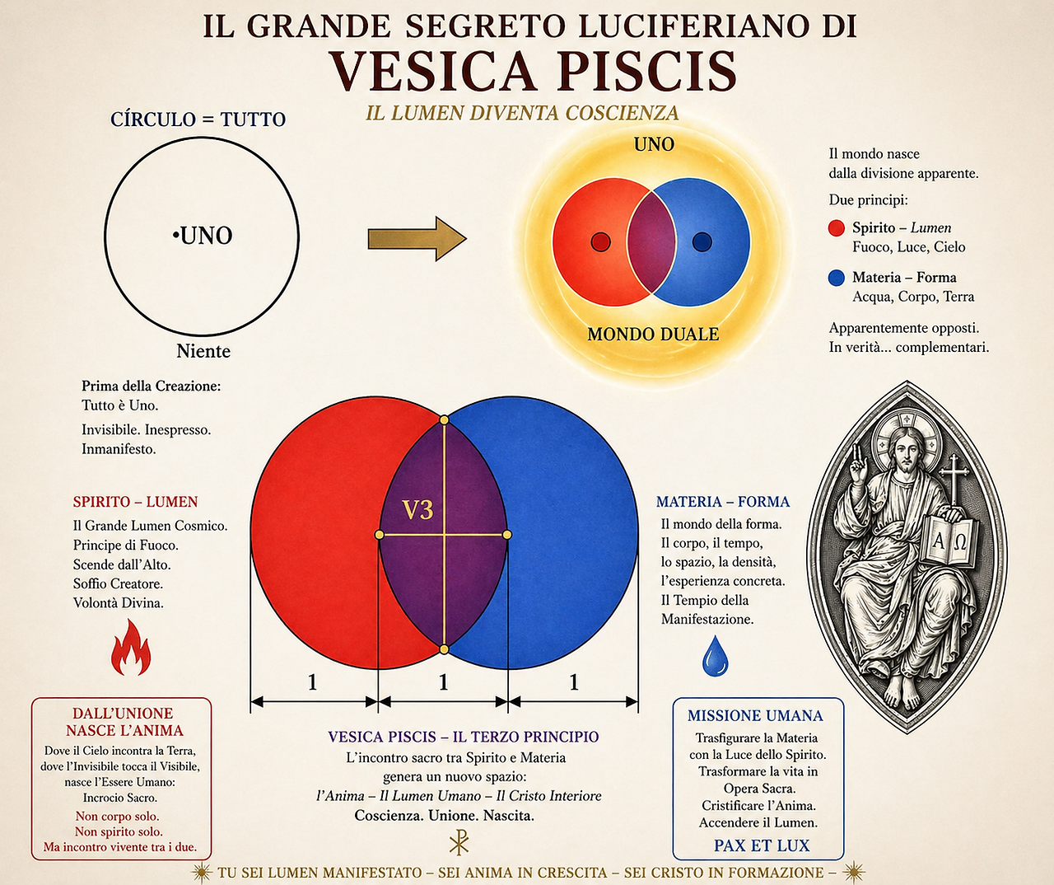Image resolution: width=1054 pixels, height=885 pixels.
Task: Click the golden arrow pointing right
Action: click(x=417, y=239)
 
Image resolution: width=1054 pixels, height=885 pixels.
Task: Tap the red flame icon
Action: click(x=131, y=649)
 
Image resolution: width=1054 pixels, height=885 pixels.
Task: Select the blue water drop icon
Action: click(x=716, y=656)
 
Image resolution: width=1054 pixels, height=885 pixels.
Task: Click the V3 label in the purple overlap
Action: click(x=418, y=510)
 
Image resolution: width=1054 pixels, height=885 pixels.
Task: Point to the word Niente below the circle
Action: click(x=203, y=351)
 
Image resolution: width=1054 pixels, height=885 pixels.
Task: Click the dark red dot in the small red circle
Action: click(x=601, y=242)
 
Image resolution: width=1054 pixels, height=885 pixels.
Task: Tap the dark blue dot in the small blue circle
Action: click(x=702, y=242)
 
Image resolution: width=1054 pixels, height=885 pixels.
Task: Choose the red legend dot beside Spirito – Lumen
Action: click(x=837, y=227)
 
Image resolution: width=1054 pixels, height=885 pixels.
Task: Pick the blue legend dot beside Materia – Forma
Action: click(x=837, y=278)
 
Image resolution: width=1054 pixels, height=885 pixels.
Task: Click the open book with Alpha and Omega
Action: click(x=949, y=541)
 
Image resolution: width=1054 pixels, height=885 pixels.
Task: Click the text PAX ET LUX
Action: click(x=762, y=845)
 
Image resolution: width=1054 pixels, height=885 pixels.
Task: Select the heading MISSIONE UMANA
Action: click(x=755, y=716)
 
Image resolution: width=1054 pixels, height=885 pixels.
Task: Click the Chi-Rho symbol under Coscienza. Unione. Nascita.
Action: click(x=459, y=843)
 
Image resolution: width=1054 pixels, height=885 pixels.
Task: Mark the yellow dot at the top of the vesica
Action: click(x=444, y=419)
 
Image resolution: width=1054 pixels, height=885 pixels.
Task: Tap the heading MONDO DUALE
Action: click(x=653, y=335)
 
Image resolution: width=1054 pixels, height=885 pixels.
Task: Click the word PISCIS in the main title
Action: click(x=648, y=71)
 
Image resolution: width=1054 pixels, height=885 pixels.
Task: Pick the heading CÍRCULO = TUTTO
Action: click(x=198, y=119)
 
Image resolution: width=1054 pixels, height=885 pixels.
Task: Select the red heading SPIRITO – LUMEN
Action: click(x=135, y=502)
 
